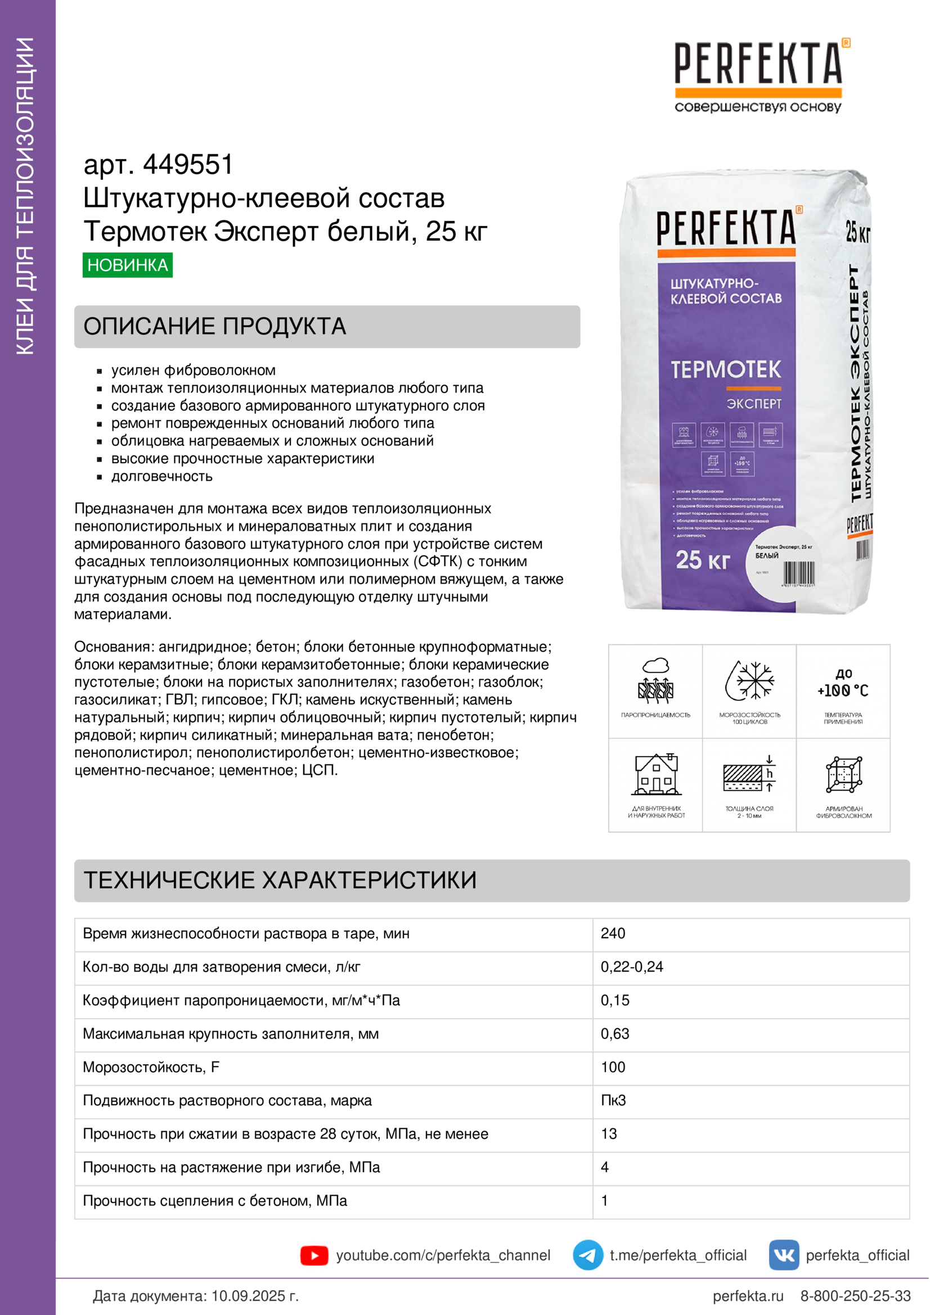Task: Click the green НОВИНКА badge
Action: pyautogui.click(x=127, y=265)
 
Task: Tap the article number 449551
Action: pyautogui.click(x=188, y=165)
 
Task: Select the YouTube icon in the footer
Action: pyautogui.click(x=314, y=1255)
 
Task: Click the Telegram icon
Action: pyautogui.click(x=587, y=1255)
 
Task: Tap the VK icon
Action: pyautogui.click(x=783, y=1255)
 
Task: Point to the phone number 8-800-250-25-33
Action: pyautogui.click(x=855, y=1295)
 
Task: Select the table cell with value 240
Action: pyautogui.click(x=613, y=933)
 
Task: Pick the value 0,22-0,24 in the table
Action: pyautogui.click(x=631, y=967)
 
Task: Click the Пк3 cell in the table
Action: pyautogui.click(x=613, y=1100)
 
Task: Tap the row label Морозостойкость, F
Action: pyautogui.click(x=151, y=1067)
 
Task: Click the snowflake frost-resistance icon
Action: pyautogui.click(x=749, y=681)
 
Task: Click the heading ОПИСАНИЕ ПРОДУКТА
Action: pyautogui.click(x=215, y=327)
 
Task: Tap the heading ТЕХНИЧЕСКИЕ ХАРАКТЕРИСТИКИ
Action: pyautogui.click(x=280, y=880)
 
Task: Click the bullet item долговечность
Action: pyautogui.click(x=161, y=477)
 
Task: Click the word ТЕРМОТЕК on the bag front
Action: pyautogui.click(x=725, y=370)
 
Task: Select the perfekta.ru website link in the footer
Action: pyautogui.click(x=747, y=1295)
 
